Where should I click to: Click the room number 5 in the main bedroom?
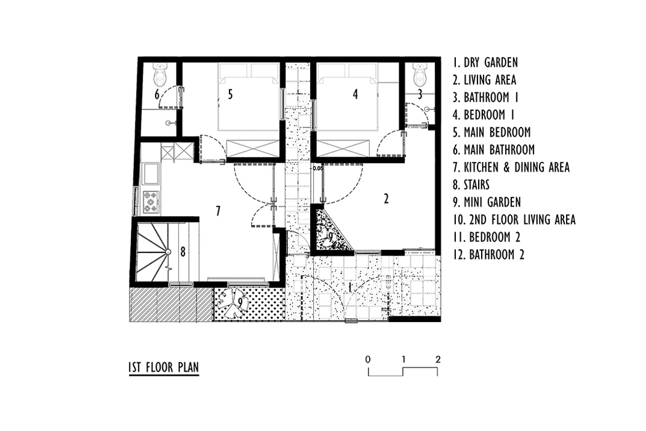pyautogui.click(x=230, y=94)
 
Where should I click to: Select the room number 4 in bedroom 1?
pyautogui.click(x=355, y=94)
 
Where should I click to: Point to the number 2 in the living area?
pyautogui.click(x=386, y=199)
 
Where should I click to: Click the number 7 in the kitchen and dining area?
pyautogui.click(x=218, y=211)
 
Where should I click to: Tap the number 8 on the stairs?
pyautogui.click(x=183, y=251)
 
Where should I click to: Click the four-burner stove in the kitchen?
pyautogui.click(x=150, y=202)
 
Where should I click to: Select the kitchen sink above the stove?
pyautogui.click(x=150, y=174)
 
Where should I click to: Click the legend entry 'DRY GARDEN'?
pyautogui.click(x=485, y=63)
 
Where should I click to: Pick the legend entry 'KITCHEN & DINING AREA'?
pyautogui.click(x=511, y=167)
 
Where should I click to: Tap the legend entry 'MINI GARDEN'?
pyautogui.click(x=487, y=202)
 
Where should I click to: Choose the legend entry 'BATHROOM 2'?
pyautogui.click(x=488, y=254)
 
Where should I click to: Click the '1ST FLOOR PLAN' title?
pyautogui.click(x=164, y=367)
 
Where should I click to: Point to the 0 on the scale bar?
pyautogui.click(x=368, y=359)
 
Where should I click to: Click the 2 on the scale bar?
pyautogui.click(x=438, y=359)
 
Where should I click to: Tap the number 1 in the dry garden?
pyautogui.click(x=351, y=287)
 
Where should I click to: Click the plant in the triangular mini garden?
pyautogui.click(x=330, y=238)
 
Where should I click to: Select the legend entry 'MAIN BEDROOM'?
pyautogui.click(x=492, y=132)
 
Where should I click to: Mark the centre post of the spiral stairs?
pyautogui.click(x=168, y=252)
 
